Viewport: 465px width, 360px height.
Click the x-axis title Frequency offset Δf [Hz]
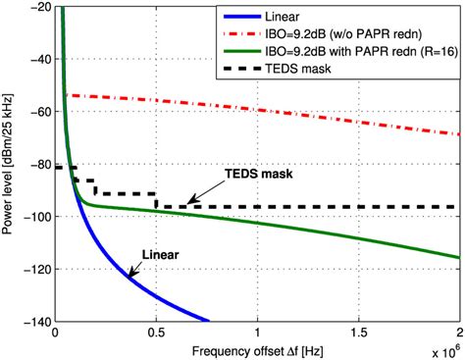257,348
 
